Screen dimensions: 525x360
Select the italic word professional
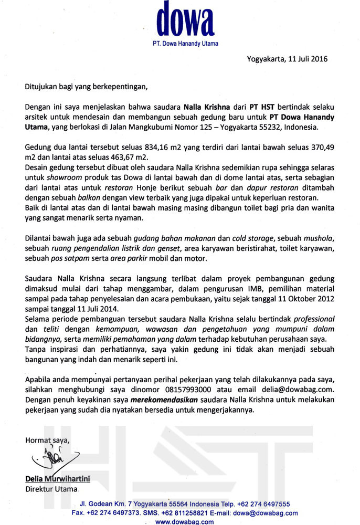tap(309, 319)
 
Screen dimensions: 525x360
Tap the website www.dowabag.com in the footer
tap(185, 521)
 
